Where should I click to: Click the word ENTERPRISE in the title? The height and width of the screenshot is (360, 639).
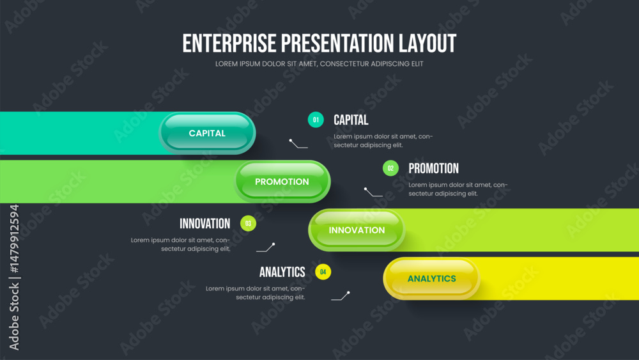(x=229, y=43)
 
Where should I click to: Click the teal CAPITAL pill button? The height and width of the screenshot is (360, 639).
(x=207, y=133)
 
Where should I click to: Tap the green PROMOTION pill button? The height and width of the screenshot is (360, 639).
(x=282, y=182)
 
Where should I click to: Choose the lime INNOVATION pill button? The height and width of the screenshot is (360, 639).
(x=357, y=230)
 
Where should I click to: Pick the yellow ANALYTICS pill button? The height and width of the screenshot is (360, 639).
(x=431, y=278)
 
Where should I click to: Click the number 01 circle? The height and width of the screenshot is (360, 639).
(x=316, y=120)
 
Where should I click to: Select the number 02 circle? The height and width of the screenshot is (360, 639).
(x=390, y=168)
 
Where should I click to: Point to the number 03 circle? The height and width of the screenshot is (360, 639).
(x=248, y=223)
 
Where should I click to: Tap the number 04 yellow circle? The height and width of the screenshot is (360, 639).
(x=323, y=272)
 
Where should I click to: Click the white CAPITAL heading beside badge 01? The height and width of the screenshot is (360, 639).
(x=351, y=120)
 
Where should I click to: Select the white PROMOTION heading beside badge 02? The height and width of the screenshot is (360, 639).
(x=434, y=168)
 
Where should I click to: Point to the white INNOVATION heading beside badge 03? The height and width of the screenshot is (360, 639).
(x=205, y=223)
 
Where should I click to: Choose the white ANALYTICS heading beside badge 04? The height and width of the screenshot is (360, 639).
(x=282, y=272)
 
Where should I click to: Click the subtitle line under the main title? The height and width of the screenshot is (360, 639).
(x=319, y=64)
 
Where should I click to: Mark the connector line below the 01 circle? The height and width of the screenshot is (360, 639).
(x=297, y=145)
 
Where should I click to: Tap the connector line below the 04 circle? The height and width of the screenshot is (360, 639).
(x=341, y=297)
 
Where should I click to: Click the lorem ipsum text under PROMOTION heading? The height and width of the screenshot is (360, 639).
(x=458, y=189)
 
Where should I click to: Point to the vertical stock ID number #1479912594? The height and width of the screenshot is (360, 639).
(x=15, y=239)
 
